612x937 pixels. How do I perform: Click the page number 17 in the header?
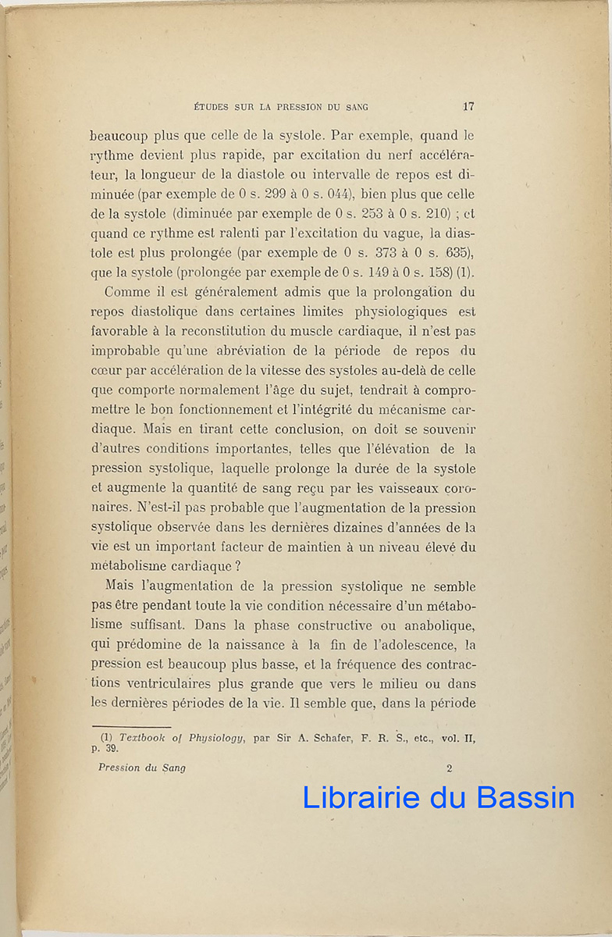(x=468, y=107)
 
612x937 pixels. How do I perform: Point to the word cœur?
(x=105, y=371)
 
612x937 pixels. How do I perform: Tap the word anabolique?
(x=440, y=625)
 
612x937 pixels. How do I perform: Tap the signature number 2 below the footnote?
(x=450, y=768)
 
